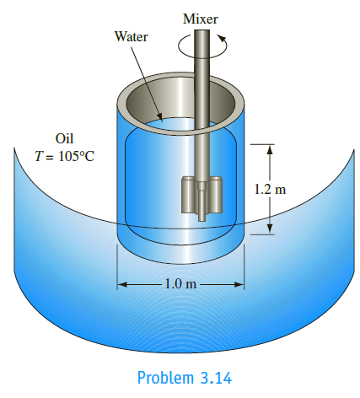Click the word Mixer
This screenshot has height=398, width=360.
click(200, 19)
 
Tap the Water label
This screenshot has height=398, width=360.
click(131, 36)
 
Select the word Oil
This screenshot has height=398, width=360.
click(64, 138)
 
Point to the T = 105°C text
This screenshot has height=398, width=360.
click(64, 156)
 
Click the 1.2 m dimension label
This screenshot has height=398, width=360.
click(270, 189)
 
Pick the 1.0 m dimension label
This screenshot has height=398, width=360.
click(180, 284)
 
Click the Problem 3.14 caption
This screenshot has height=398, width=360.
click(185, 378)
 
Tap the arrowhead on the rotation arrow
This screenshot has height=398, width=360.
click(222, 38)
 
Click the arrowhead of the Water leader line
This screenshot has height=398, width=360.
click(159, 117)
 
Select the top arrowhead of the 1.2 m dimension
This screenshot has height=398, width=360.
click(270, 149)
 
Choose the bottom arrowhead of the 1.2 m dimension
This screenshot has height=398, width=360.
click(270, 229)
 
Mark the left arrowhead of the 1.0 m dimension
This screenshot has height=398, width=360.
click(123, 285)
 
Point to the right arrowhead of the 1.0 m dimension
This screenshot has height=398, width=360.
click(239, 285)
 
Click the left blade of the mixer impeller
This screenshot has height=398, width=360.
click(189, 195)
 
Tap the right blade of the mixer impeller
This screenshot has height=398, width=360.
click(215, 195)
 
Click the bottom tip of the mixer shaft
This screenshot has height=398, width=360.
click(201, 221)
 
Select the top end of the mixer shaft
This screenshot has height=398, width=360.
click(201, 30)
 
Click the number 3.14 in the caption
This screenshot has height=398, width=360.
click(216, 378)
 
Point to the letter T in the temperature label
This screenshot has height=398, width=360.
click(39, 156)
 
